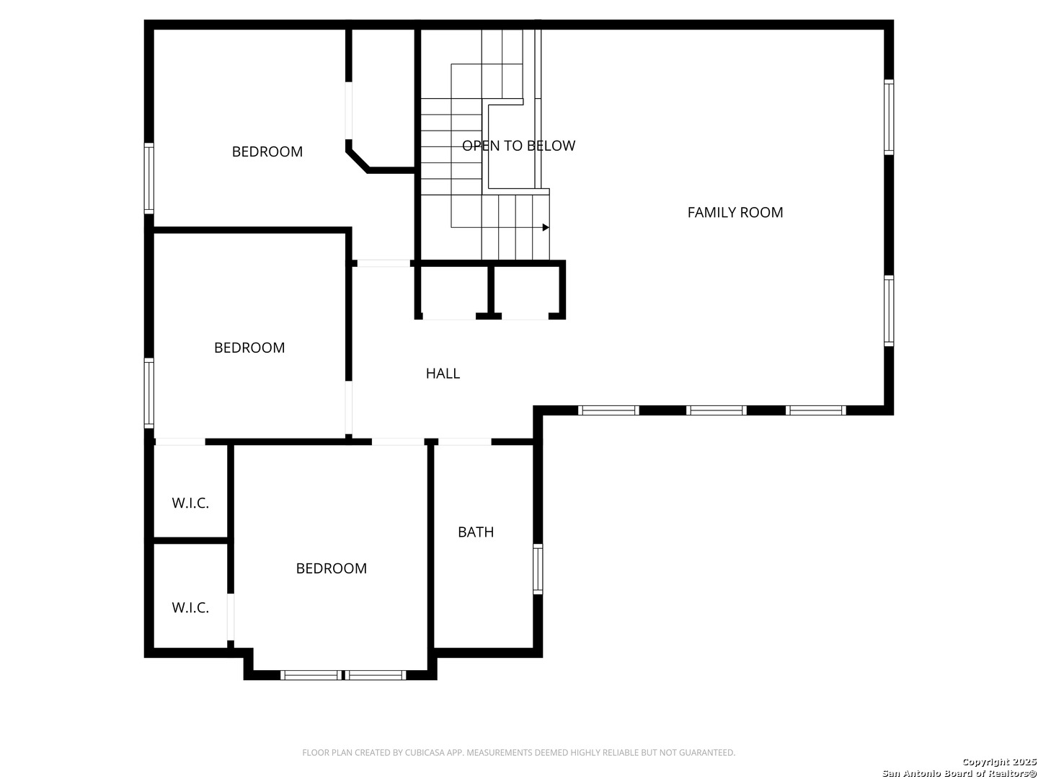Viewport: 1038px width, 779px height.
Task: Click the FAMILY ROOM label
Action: coord(735,212)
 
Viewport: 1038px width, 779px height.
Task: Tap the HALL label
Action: coord(443,373)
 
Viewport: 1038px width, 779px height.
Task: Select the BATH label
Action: coord(476,532)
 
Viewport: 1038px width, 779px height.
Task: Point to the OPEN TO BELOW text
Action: coord(518,146)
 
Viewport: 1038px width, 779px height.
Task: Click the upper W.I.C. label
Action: coord(190,503)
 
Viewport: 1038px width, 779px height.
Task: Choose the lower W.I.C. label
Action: coord(190,607)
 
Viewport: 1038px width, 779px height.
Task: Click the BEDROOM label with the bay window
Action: coord(331,568)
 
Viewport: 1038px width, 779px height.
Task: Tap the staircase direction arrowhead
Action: coord(546,227)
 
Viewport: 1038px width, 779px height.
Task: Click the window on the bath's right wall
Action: coord(538,568)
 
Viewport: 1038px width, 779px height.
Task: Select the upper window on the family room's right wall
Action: coord(889,117)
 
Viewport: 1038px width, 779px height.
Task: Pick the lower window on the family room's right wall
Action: coord(889,311)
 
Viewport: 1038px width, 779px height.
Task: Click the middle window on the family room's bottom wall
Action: coord(716,410)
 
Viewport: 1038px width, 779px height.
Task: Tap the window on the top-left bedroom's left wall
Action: coord(149,178)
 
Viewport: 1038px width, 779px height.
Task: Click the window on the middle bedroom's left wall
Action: coord(149,393)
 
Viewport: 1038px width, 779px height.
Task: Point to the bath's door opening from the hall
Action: coord(465,441)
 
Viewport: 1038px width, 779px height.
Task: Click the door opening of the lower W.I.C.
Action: coord(231,617)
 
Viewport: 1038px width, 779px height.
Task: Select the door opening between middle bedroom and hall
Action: coord(348,408)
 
